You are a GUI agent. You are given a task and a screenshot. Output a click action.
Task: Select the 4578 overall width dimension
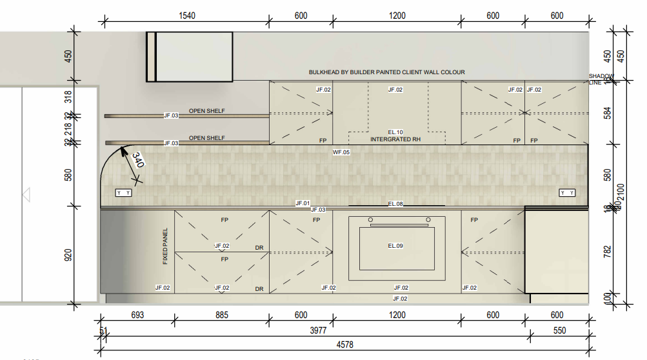(345, 345)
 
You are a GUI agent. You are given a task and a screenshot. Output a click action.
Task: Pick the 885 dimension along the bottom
(221, 315)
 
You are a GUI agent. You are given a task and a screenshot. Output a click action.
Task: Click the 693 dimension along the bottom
(137, 315)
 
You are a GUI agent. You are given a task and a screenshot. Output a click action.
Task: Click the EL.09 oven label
(395, 246)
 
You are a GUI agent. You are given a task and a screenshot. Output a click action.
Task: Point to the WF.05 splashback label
(341, 152)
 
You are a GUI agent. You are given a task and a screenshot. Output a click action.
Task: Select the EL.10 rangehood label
(395, 132)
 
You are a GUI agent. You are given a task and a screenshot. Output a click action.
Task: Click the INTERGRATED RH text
(395, 139)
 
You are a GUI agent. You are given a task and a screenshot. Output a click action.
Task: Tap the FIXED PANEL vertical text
(165, 246)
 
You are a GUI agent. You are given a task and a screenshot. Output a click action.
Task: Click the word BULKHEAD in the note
(323, 72)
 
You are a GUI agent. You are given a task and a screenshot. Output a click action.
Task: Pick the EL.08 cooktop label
(395, 204)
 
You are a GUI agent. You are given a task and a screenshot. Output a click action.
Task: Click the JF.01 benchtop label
(303, 203)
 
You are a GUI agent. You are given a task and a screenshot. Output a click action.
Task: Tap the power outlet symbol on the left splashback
(123, 193)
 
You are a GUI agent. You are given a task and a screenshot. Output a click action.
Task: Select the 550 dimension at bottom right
(559, 330)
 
